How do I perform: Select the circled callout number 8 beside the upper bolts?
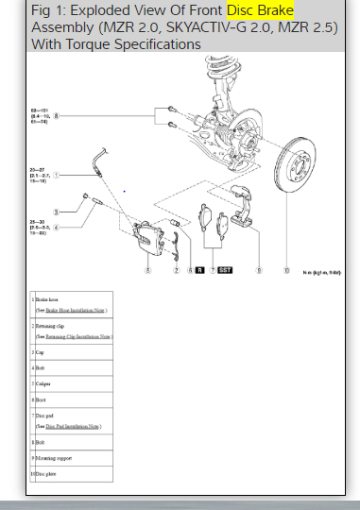[x=56, y=117]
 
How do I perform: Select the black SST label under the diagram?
[x=225, y=270]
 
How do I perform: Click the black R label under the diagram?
[x=200, y=270]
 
